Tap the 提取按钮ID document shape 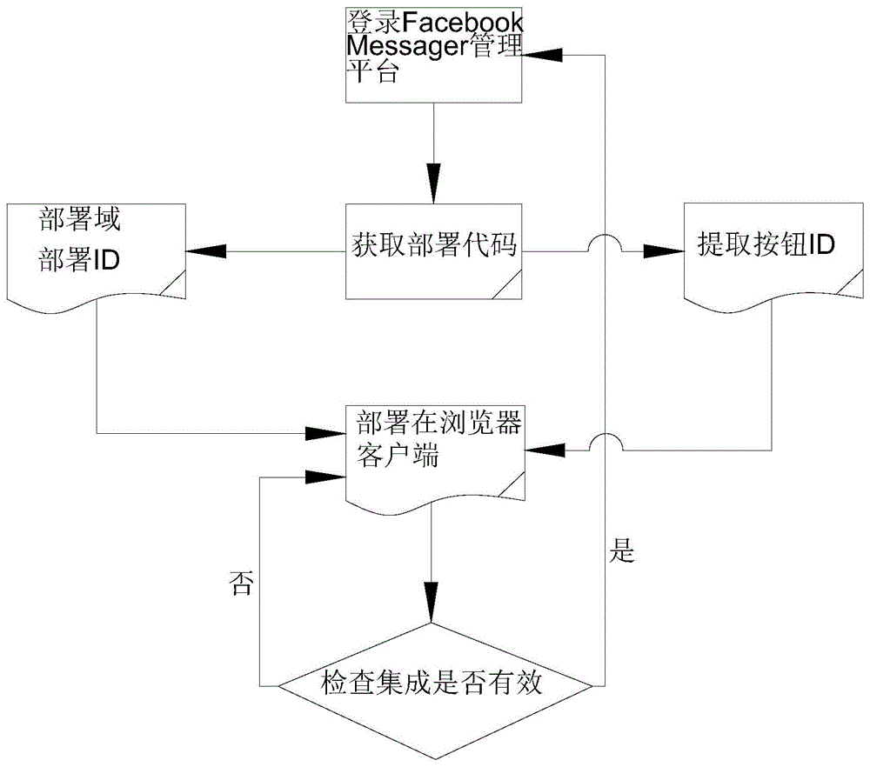[766, 253]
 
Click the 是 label [624, 550]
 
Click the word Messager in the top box [397, 45]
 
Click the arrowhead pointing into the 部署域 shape [202, 251]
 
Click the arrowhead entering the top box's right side [539, 55]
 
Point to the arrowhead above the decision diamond [432, 605]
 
